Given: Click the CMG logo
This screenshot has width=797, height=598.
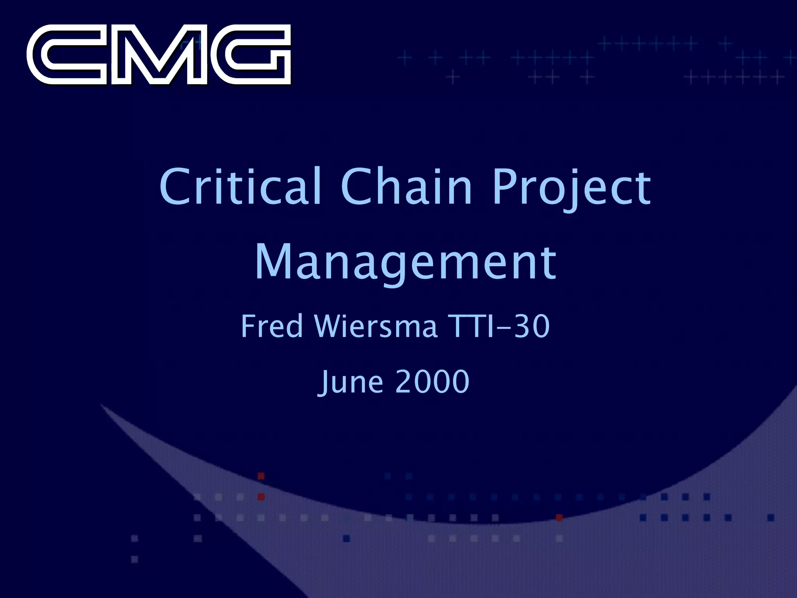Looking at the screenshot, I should click(159, 55).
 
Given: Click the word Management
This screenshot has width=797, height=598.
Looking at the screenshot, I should click(406, 263).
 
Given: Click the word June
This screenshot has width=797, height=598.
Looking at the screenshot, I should click(351, 382).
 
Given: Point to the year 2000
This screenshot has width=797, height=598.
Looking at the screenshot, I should click(432, 382).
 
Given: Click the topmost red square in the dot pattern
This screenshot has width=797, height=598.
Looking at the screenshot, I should click(261, 476).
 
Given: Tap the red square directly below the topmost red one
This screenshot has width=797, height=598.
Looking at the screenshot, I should click(261, 497).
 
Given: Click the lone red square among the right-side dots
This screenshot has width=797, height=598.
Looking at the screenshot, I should click(559, 517).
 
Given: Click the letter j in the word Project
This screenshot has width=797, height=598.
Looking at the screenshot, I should click(565, 191).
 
